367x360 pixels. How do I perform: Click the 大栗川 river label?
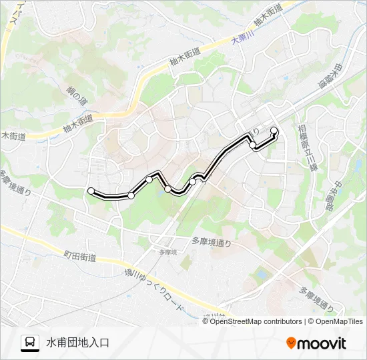click(x=243, y=37)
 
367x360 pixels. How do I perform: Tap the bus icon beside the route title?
click(x=30, y=343)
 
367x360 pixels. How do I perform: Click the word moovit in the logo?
click(x=322, y=343)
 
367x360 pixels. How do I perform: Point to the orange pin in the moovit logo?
click(x=291, y=343)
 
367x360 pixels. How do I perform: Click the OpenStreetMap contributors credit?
click(x=255, y=321)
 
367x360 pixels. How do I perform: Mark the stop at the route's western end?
click(x=91, y=191)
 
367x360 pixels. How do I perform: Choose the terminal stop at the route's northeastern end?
click(x=274, y=130)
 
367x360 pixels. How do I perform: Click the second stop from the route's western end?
click(x=131, y=195)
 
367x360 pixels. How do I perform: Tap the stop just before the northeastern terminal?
click(x=253, y=145)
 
